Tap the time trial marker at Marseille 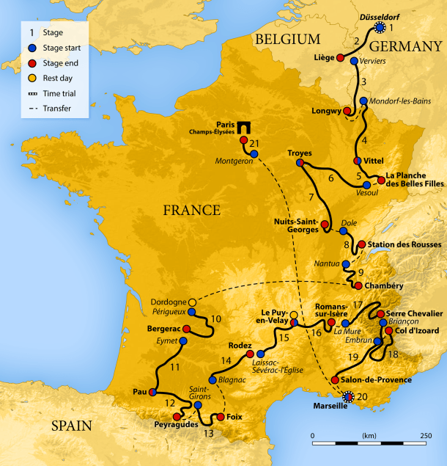pos(349,397)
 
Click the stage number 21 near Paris pos(254,142)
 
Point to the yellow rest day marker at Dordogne pos(193,302)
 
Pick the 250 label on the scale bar pos(426,435)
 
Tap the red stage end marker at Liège pos(340,59)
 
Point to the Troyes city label pos(300,153)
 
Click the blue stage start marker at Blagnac pos(213,380)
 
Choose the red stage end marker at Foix pos(218,418)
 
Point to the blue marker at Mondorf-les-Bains pos(363,101)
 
